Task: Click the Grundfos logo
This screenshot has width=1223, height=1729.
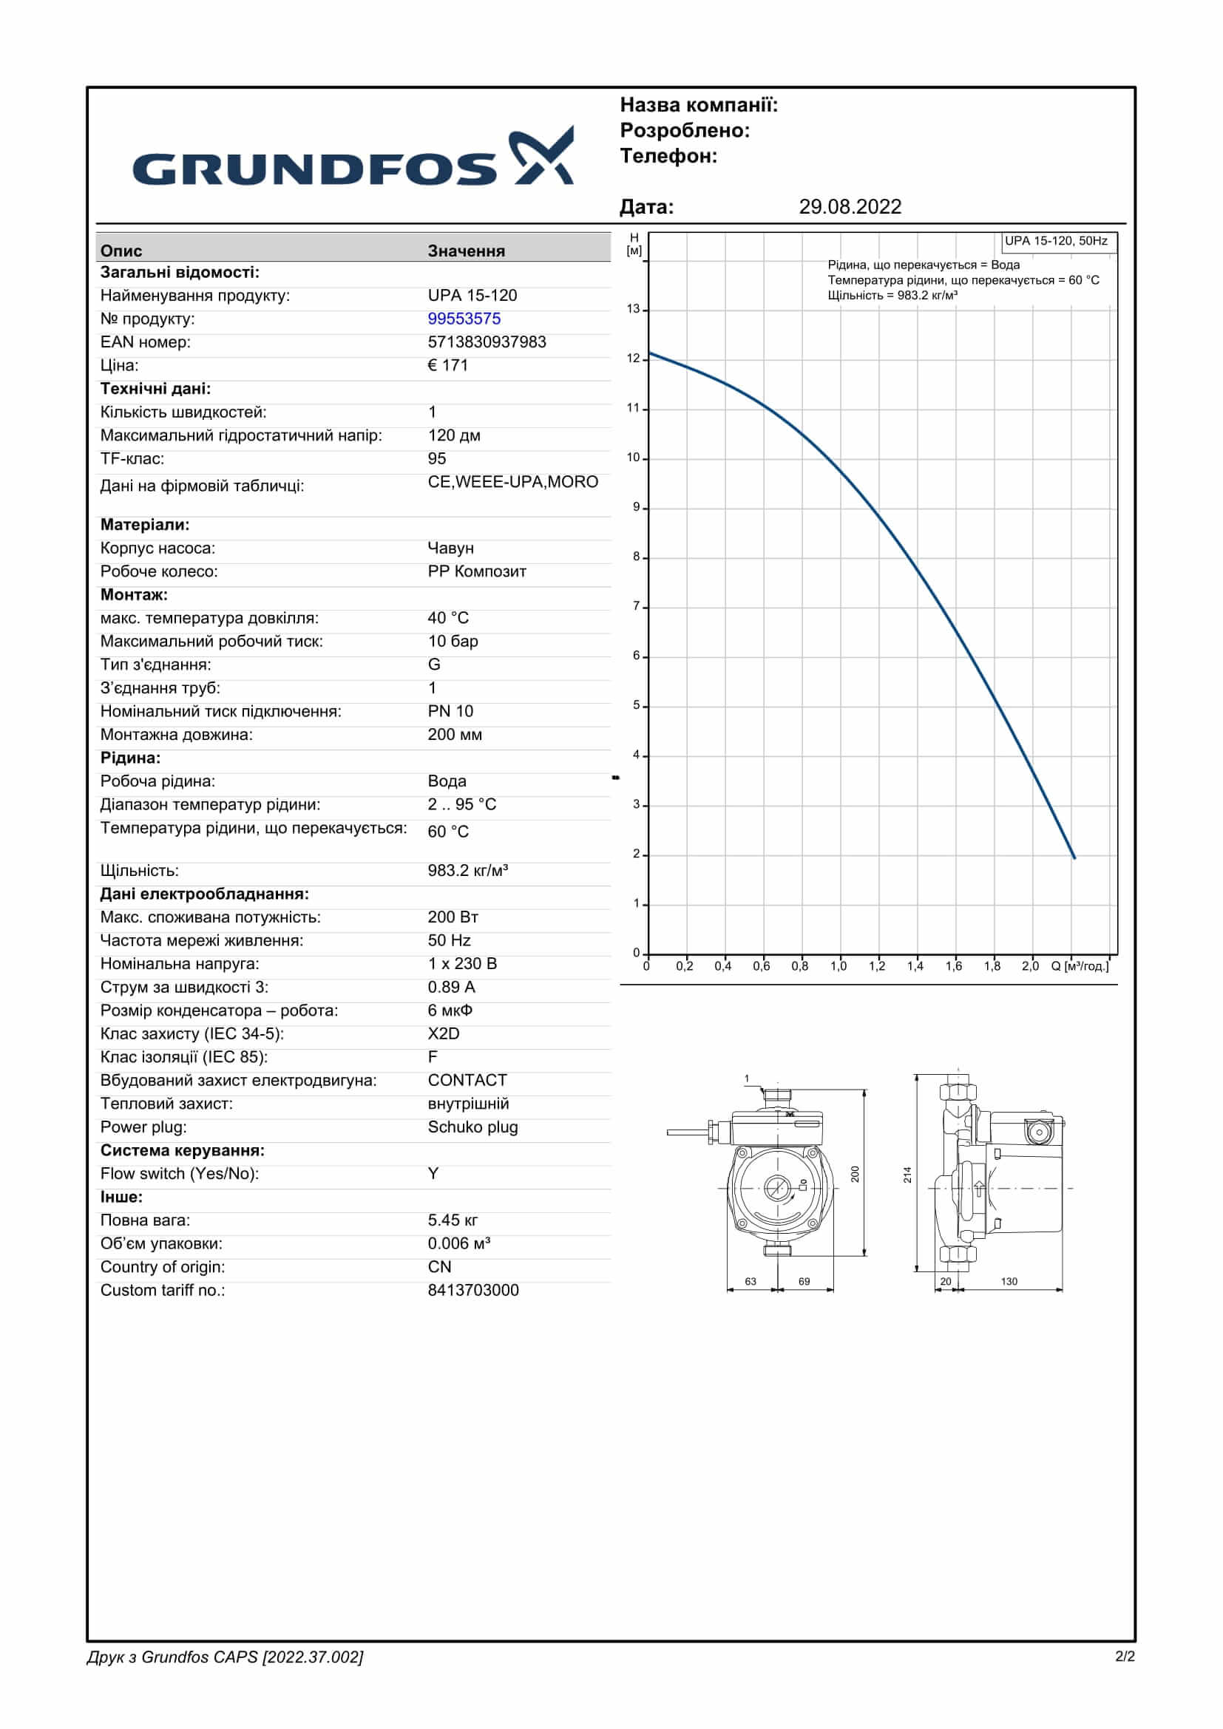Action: tap(353, 158)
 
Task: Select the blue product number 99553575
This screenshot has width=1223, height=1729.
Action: tap(464, 319)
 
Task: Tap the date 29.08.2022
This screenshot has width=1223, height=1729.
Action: tap(850, 207)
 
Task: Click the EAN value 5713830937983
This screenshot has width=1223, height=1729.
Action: tap(487, 342)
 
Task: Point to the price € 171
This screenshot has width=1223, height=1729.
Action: tap(447, 365)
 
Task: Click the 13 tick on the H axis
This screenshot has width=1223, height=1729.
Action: tap(634, 309)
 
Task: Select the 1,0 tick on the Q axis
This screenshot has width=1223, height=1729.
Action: tap(839, 966)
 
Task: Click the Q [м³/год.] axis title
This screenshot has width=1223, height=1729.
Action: tap(1080, 966)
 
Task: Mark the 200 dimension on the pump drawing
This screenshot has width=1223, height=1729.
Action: tap(855, 1174)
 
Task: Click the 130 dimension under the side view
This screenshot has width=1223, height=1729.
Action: tap(1009, 1281)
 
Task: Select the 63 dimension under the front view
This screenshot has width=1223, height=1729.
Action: tap(750, 1281)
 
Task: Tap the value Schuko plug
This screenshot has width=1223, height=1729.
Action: tap(472, 1127)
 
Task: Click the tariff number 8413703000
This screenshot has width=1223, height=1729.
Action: tap(473, 1290)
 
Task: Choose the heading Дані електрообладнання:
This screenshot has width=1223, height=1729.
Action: tap(204, 894)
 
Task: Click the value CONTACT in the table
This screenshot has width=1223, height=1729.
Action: tap(467, 1080)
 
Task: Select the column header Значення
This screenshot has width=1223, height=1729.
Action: tap(466, 251)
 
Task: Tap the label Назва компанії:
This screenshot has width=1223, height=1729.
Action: tap(698, 106)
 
